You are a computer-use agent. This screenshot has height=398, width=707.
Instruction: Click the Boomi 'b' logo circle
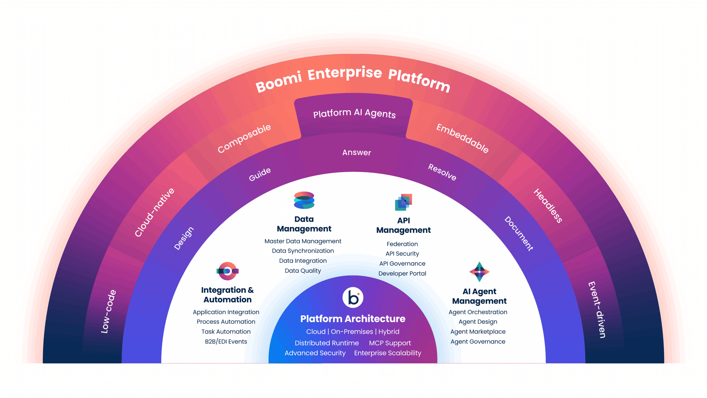pyautogui.click(x=353, y=297)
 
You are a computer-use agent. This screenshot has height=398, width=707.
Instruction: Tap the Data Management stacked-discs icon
pyautogui.click(x=304, y=200)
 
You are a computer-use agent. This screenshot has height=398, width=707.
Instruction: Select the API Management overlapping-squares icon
pyautogui.click(x=403, y=202)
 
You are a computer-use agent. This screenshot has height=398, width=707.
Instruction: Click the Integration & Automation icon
pyautogui.click(x=227, y=271)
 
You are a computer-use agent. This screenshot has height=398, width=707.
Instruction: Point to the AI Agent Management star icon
pyautogui.click(x=479, y=272)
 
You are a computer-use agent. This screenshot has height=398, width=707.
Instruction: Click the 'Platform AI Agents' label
pyautogui.click(x=354, y=113)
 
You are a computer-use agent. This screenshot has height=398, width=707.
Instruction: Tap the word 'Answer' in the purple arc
pyautogui.click(x=357, y=153)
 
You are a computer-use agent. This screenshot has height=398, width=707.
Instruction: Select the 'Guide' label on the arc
pyautogui.click(x=260, y=174)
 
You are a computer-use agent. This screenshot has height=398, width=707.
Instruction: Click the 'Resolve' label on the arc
pyautogui.click(x=442, y=172)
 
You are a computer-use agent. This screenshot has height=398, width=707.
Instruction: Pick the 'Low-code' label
pyautogui.click(x=109, y=311)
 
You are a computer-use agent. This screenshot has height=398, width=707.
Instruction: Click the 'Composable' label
pyautogui.click(x=244, y=138)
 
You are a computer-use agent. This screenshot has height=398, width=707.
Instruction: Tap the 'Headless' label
pyautogui.click(x=548, y=206)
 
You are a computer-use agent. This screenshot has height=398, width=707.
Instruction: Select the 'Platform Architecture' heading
pyautogui.click(x=353, y=319)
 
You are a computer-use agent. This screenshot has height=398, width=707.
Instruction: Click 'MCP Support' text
pyautogui.click(x=390, y=343)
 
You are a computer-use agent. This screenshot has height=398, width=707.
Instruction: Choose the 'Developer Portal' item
pyautogui.click(x=402, y=273)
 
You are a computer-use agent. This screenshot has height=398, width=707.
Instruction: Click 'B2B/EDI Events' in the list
pyautogui.click(x=226, y=342)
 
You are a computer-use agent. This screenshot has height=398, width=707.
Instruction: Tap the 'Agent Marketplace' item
pyautogui.click(x=478, y=332)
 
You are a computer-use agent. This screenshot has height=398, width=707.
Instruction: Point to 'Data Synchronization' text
pyautogui.click(x=303, y=251)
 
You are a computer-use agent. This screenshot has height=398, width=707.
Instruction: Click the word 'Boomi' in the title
pyautogui.click(x=278, y=82)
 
